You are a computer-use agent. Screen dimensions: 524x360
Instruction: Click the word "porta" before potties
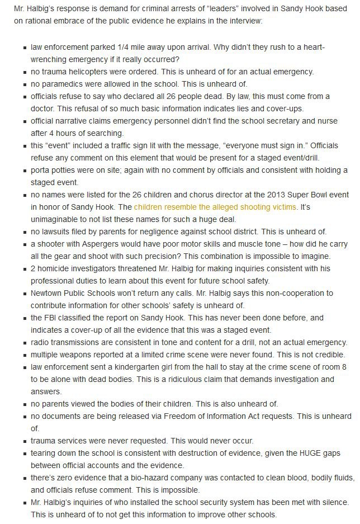(41, 169)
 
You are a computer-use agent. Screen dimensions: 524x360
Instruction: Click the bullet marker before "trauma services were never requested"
(25, 441)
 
